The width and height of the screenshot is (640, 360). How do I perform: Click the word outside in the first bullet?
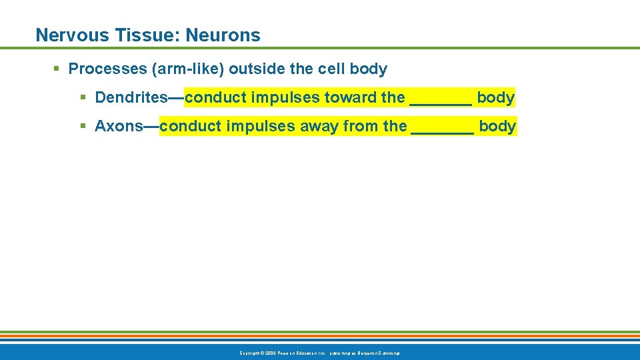click(x=254, y=69)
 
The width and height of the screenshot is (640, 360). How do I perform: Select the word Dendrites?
click(x=131, y=97)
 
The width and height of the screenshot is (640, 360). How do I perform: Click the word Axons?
click(x=119, y=126)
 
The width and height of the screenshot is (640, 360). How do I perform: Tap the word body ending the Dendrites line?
click(x=495, y=97)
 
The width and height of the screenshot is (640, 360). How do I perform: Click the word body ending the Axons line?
click(x=497, y=126)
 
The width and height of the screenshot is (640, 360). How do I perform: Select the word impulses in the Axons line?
click(x=263, y=126)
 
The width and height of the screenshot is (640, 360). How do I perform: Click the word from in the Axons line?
click(x=361, y=126)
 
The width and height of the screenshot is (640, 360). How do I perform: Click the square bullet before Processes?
click(x=57, y=69)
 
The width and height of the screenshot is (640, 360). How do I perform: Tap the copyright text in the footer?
click(x=320, y=353)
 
